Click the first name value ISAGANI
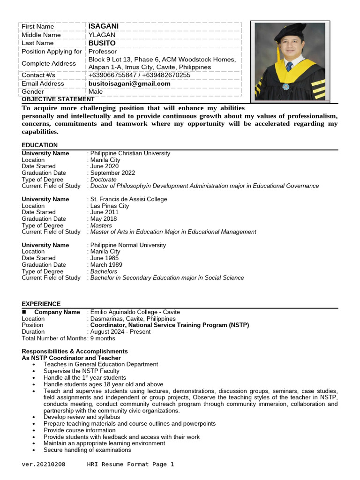tap(103, 26)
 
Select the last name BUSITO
tap(102, 43)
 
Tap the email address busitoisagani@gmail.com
tap(129, 83)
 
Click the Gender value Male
tap(96, 92)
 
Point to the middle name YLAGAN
tap(101, 35)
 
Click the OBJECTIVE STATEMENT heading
tap(58, 99)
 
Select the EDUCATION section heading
tap(40, 145)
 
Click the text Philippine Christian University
tap(130, 153)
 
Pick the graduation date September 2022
tap(112, 173)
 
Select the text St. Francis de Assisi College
tap(128, 199)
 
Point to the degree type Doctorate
tap(103, 180)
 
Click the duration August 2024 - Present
tap(120, 331)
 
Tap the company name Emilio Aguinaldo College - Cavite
tap(135, 312)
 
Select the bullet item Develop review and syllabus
tap(82, 417)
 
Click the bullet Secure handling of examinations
tap(87, 450)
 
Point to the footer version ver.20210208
tap(44, 465)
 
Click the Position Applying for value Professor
tap(103, 52)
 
